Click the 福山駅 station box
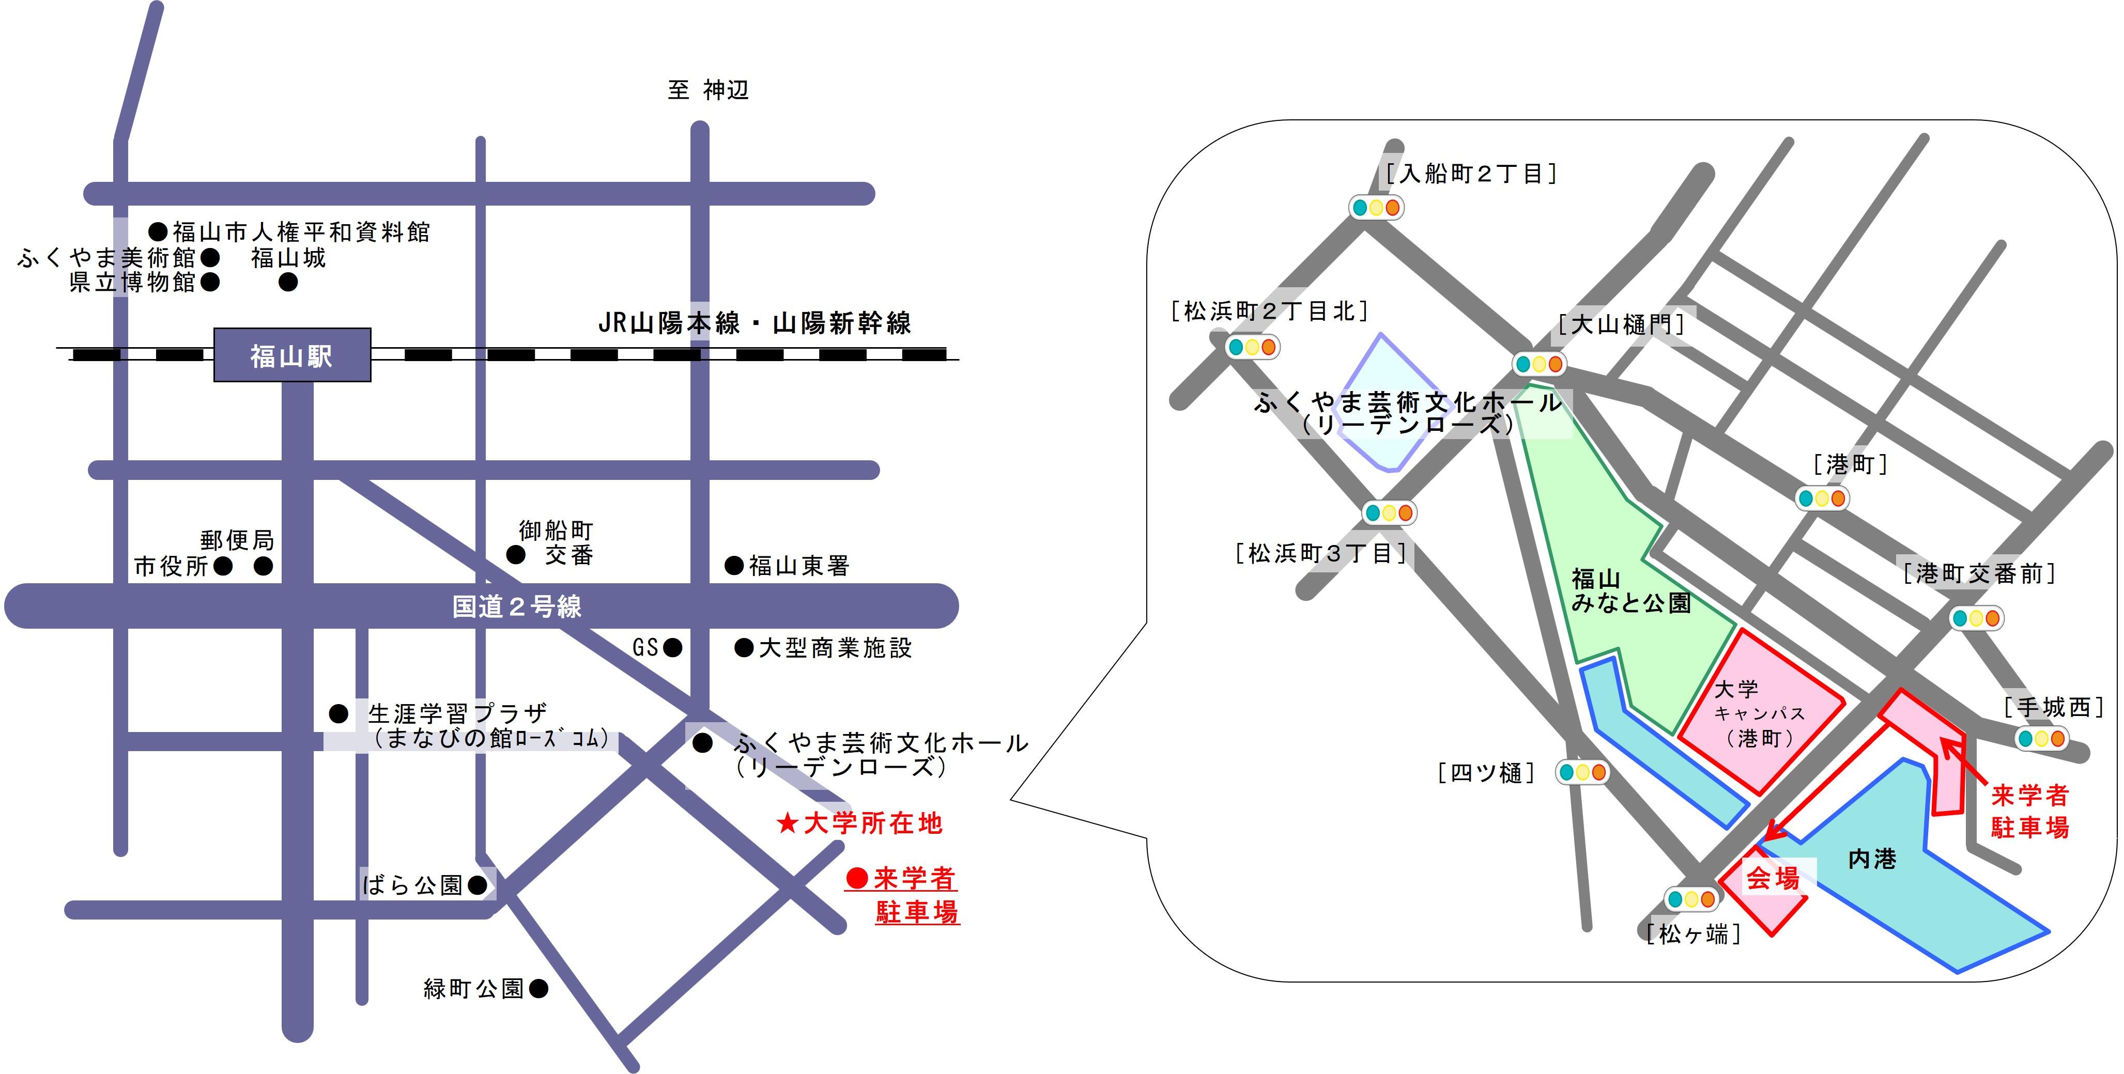292,355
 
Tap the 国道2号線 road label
516,606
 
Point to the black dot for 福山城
288,282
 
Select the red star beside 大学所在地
788,822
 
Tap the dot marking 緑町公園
538,988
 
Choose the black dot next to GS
673,648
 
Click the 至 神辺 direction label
707,90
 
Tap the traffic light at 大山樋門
1538,364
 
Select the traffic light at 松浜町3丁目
1389,512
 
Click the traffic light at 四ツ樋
1581,772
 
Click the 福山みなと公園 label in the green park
1630,590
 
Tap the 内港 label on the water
1872,859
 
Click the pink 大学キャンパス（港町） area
1760,713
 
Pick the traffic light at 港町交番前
1976,617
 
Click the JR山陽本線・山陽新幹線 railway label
755,323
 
